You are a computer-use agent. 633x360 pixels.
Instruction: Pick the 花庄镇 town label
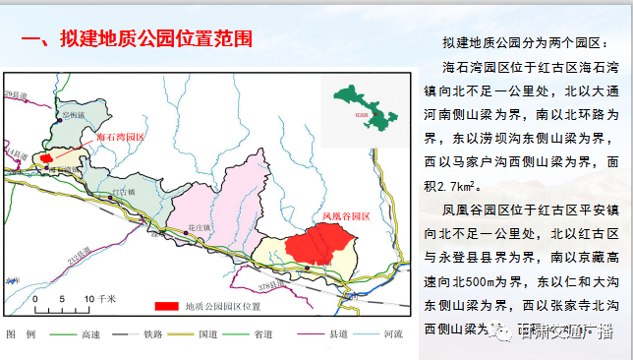coord(172,227)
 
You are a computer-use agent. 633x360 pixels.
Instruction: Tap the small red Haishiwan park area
coord(45,157)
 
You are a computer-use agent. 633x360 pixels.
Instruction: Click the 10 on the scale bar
coord(88,297)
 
